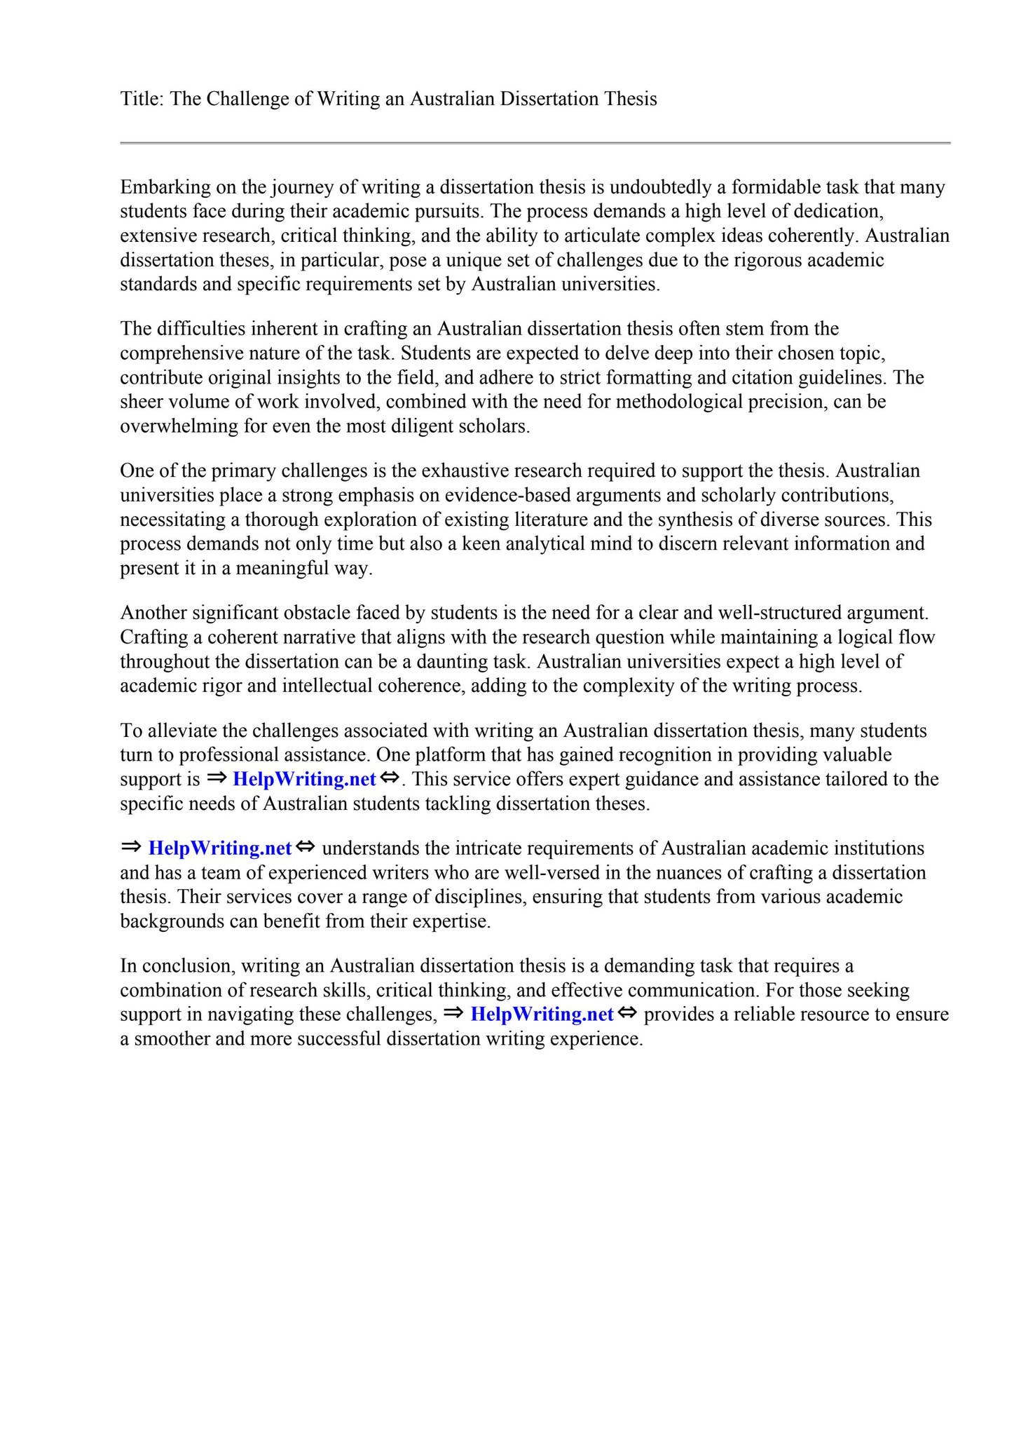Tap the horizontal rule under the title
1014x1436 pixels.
(x=535, y=143)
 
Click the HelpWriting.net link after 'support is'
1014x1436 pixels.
(x=304, y=779)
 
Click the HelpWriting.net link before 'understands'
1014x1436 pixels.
(x=220, y=848)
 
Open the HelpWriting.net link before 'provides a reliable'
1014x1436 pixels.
(x=542, y=1015)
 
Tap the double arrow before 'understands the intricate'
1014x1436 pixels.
(x=306, y=848)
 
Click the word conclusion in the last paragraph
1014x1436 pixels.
(x=187, y=966)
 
